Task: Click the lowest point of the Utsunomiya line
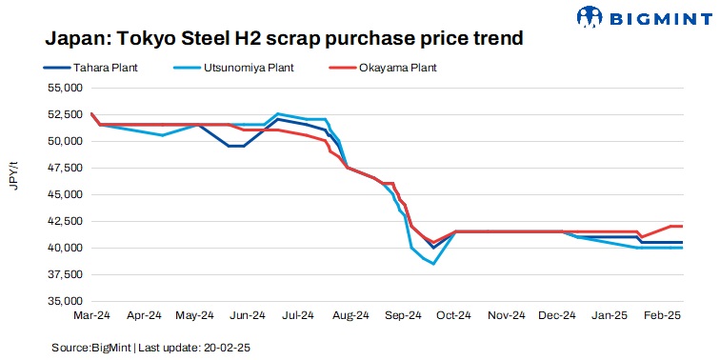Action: click(x=433, y=264)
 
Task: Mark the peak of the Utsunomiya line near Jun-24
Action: click(x=276, y=113)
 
